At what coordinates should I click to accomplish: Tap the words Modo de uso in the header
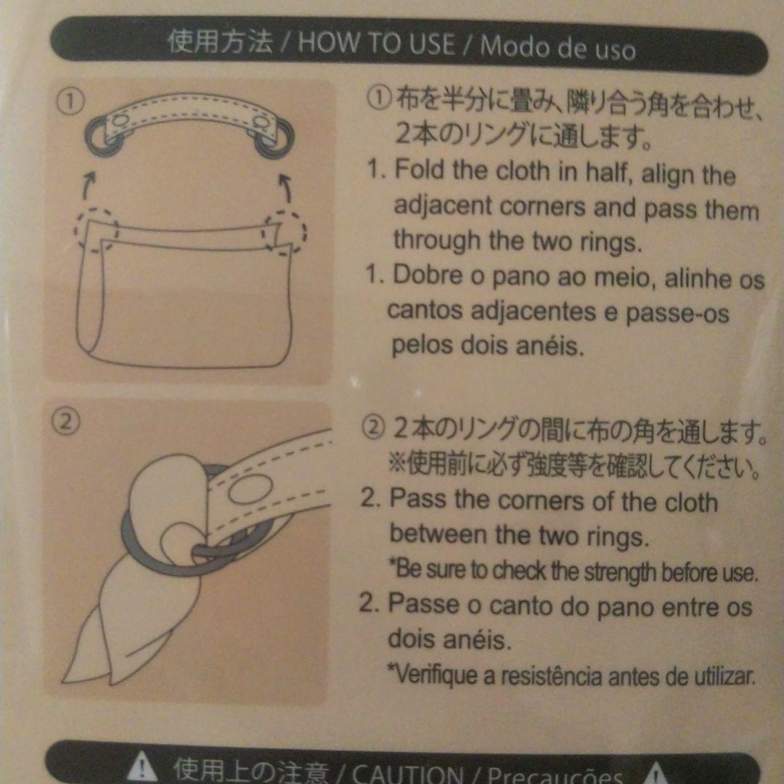[x=558, y=48]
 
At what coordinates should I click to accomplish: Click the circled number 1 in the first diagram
[x=70, y=100]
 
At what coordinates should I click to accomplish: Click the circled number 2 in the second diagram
[x=66, y=422]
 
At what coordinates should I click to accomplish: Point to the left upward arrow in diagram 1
[x=89, y=185]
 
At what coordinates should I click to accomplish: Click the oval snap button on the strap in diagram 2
[x=250, y=489]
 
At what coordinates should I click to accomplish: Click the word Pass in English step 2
[x=417, y=499]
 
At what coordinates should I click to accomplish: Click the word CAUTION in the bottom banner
[x=407, y=774]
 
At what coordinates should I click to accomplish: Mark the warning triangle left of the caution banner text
[x=142, y=767]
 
